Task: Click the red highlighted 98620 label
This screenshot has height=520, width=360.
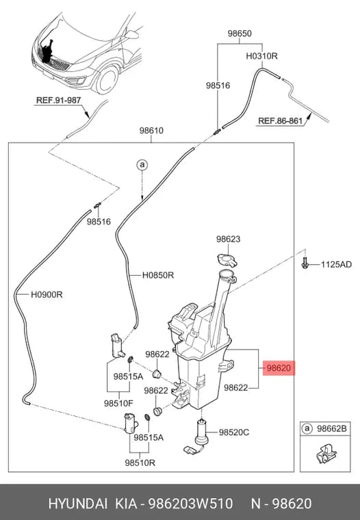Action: point(279,368)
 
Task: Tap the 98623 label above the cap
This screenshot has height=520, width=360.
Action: point(229,239)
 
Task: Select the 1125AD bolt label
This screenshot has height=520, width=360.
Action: point(336,265)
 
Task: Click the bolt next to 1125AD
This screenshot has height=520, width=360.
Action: point(305,263)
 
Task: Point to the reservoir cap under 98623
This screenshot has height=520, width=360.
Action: point(227,260)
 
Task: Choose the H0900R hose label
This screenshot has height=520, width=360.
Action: point(47,294)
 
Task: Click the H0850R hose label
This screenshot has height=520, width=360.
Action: point(158,275)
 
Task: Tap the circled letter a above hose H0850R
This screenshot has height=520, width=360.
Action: point(142,165)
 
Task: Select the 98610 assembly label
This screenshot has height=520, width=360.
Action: point(151,131)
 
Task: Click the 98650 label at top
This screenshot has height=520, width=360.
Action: point(240,34)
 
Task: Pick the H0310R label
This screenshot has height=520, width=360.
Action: point(262,56)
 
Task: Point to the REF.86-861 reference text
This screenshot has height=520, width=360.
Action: point(281,120)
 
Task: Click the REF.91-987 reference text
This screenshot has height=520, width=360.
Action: point(58,100)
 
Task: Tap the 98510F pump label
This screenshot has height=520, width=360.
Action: point(118,403)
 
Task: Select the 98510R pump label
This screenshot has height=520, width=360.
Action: point(140,463)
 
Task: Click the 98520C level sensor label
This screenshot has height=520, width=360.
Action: point(234,432)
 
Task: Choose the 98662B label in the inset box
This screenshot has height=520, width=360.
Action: point(332,429)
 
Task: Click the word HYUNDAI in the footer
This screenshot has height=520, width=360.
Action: point(78,504)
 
